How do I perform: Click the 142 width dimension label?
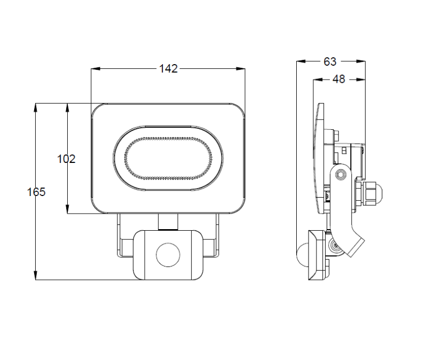[168, 69]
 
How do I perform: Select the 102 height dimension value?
[66, 159]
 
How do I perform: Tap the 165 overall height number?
[36, 192]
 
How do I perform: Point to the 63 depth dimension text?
[330, 61]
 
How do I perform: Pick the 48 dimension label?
[339, 79]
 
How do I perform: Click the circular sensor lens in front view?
[168, 255]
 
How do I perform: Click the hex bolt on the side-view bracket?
[340, 175]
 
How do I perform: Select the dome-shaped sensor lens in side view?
[302, 255]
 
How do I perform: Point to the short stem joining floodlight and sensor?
[168, 222]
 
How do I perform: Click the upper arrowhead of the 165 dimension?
[36, 107]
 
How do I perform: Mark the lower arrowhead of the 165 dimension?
[36, 276]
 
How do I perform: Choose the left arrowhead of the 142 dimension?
[96, 69]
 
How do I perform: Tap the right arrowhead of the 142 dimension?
[241, 69]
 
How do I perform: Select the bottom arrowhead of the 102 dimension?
[67, 209]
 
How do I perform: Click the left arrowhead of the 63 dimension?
[301, 61]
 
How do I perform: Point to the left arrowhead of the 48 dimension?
[318, 80]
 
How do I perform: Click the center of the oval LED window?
[168, 158]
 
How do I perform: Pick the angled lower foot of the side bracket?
[356, 246]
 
